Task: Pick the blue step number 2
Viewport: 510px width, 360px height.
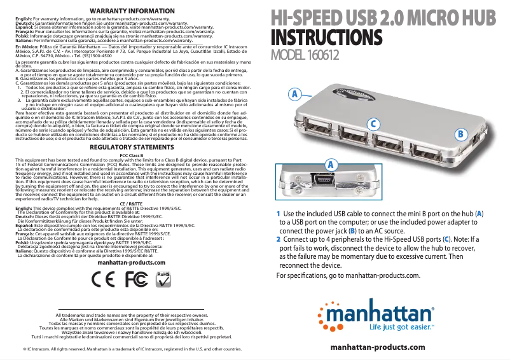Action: [x=278, y=239]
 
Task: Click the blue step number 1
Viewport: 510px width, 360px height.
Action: [x=278, y=213]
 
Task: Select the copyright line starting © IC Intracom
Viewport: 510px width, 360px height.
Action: [x=132, y=349]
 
